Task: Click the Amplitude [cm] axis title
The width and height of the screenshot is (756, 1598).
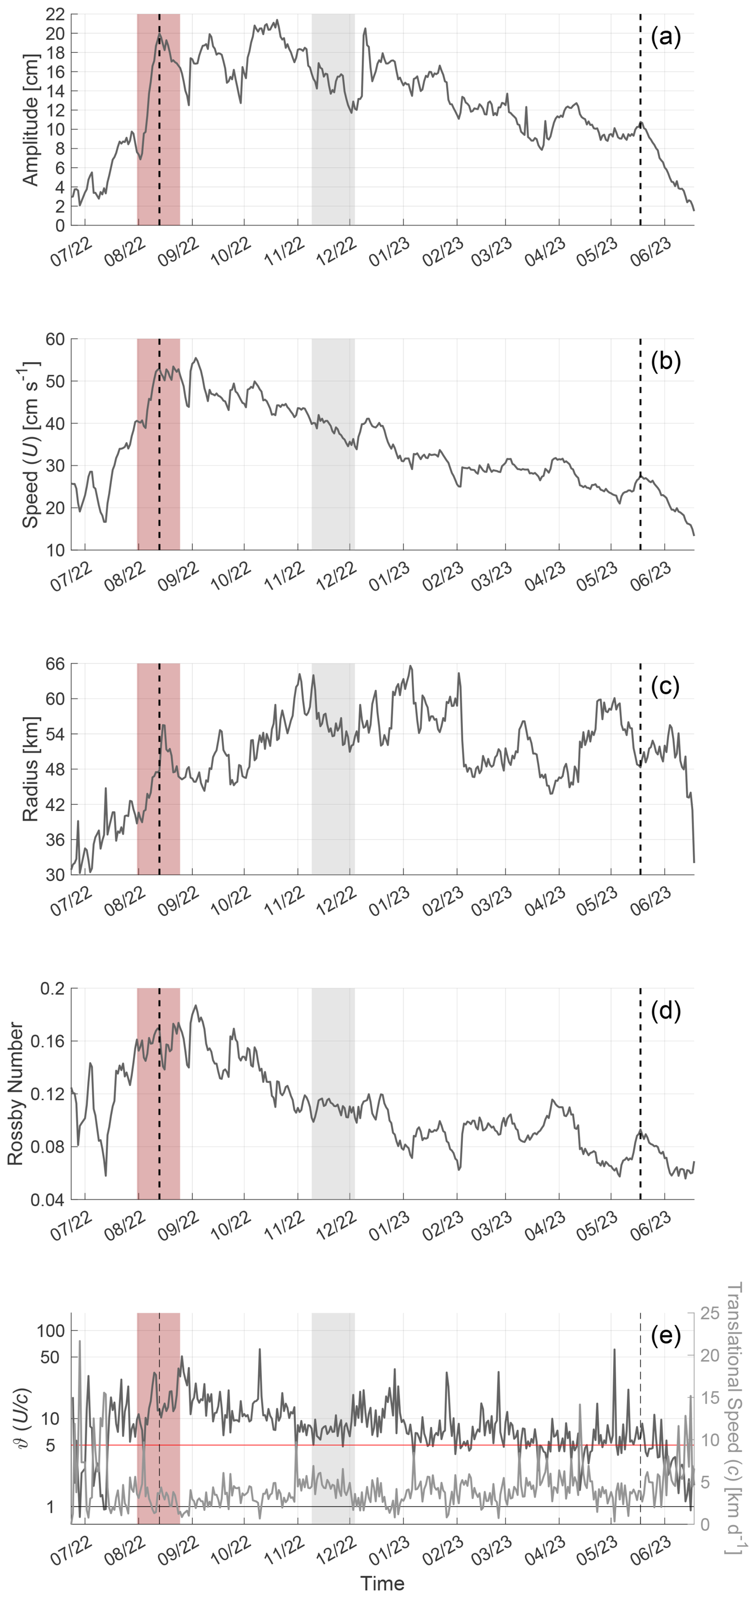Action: [x=30, y=120]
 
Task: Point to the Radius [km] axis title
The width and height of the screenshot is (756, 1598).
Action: [x=30, y=769]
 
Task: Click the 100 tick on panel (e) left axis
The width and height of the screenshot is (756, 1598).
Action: [x=51, y=1331]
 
